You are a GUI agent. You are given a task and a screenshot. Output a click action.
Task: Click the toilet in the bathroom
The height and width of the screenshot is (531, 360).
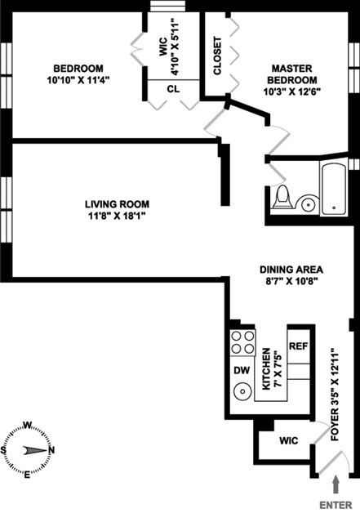282,197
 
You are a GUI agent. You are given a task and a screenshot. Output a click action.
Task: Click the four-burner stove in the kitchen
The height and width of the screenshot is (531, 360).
242,342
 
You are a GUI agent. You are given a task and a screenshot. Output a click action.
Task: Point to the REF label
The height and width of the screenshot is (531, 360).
299,346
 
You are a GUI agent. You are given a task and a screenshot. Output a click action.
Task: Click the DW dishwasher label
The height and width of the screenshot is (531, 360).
242,370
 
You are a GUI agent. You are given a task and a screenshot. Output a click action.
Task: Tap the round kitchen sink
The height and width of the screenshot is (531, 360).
242,391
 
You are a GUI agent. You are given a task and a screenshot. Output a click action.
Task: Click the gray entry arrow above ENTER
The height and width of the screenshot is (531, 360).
336,484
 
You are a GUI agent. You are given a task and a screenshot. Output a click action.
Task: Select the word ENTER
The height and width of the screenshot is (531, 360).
336,505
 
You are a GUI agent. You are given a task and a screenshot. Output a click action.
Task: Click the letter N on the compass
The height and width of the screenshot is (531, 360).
51,450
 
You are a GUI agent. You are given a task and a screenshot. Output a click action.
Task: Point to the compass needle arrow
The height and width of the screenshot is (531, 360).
34,450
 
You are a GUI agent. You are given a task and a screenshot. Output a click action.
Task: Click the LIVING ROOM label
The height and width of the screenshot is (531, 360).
117,204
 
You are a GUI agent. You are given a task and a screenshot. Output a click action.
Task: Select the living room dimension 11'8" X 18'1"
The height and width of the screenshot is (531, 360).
117,216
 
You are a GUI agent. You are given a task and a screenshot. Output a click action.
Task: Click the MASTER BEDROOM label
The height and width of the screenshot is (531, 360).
292,74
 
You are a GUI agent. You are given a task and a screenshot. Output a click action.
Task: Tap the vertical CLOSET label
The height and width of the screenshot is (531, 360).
217,56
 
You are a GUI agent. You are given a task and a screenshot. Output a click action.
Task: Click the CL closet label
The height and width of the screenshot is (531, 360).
173,89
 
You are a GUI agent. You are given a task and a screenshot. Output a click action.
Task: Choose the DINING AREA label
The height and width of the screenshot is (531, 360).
291,270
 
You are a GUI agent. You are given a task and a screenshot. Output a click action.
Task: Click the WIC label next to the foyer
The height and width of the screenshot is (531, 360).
289,440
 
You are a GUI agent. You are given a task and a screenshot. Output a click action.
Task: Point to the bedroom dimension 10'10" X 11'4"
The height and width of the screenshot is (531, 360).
78,80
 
